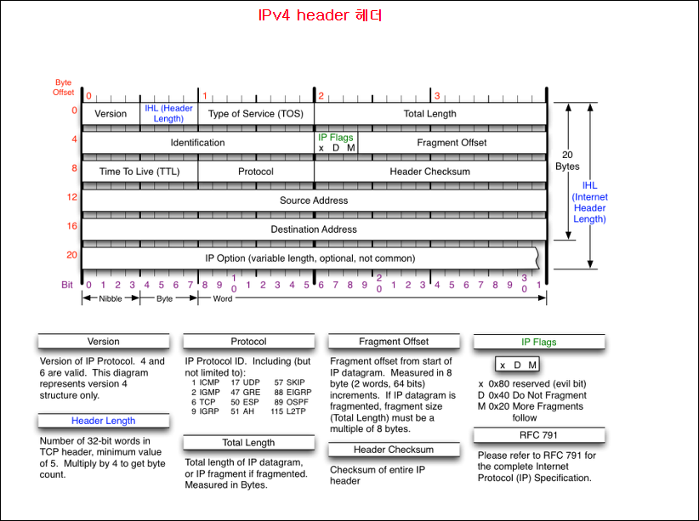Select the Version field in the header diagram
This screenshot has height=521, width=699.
(x=111, y=113)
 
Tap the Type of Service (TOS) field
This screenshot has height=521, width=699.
(x=253, y=113)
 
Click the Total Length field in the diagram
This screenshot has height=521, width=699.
(x=429, y=113)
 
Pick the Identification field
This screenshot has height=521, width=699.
(x=197, y=143)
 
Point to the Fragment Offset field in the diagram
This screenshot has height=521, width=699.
(x=452, y=143)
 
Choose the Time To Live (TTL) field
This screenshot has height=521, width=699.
(x=139, y=172)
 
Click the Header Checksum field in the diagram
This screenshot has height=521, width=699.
(x=429, y=172)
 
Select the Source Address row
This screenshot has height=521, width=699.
(x=314, y=201)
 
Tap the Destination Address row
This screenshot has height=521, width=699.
(x=314, y=229)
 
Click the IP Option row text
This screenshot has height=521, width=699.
(x=310, y=258)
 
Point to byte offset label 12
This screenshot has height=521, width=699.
(x=72, y=197)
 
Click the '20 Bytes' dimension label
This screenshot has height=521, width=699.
(x=567, y=161)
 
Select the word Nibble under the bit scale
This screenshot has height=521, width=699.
(x=110, y=299)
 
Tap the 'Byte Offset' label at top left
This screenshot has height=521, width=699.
(x=64, y=87)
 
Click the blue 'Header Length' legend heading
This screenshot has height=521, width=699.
(x=103, y=421)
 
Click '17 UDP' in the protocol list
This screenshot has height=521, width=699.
(x=245, y=383)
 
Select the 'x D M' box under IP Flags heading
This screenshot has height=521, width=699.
(x=518, y=365)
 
